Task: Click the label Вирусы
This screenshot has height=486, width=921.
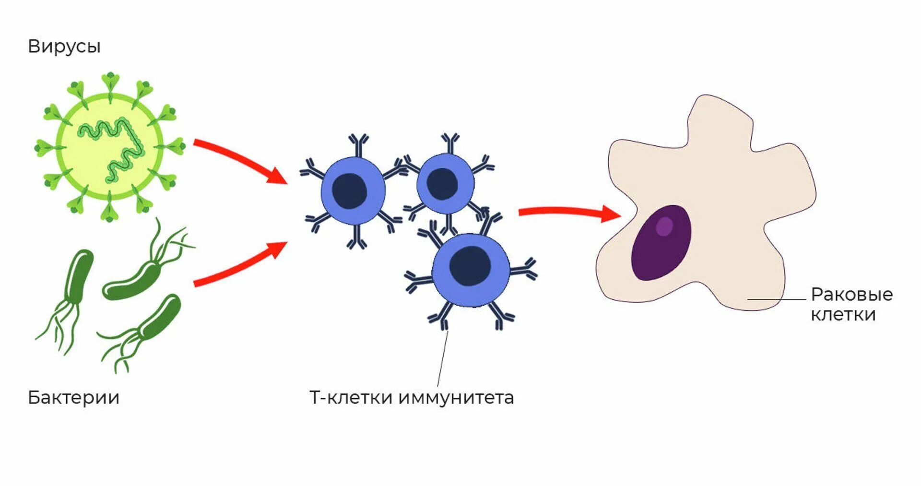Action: [x=64, y=47]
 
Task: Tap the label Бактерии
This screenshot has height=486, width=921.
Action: [x=73, y=397]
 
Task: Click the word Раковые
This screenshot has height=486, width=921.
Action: [x=851, y=294]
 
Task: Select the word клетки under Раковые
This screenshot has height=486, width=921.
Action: [x=843, y=315]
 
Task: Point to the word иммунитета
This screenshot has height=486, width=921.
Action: [x=456, y=397]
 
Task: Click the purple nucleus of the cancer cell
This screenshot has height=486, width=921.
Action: [x=661, y=243]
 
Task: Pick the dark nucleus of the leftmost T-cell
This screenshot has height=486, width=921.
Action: [x=349, y=191]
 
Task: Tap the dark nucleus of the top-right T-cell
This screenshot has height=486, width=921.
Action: [x=442, y=184]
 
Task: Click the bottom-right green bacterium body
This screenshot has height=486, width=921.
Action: [x=159, y=317]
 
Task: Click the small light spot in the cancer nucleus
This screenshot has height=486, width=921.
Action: [x=664, y=226]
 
